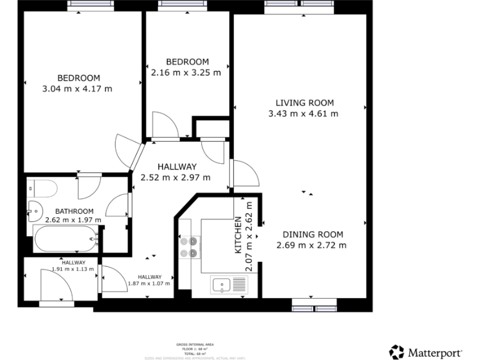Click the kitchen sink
point(228,286)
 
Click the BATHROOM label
point(74,211)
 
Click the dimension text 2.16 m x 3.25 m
point(186,72)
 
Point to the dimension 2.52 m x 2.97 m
point(177,177)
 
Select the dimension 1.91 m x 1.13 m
point(72,269)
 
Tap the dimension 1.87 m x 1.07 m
point(149,283)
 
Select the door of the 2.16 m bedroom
point(164,124)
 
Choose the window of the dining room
point(314,307)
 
